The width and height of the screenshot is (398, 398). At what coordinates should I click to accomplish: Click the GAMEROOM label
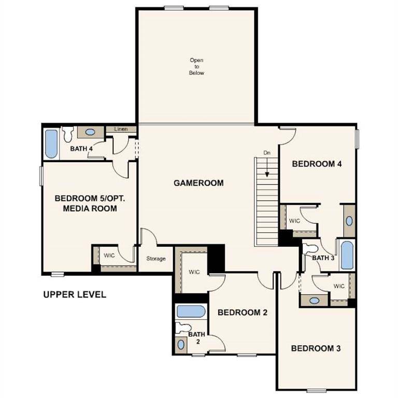pyautogui.click(x=198, y=183)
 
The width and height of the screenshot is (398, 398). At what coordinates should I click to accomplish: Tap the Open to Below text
pyautogui.click(x=196, y=67)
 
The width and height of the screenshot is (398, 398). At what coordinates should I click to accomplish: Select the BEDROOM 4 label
pyautogui.click(x=317, y=164)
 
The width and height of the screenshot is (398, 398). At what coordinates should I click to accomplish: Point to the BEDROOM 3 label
pyautogui.click(x=316, y=348)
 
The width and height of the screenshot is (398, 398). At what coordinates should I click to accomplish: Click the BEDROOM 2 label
pyautogui.click(x=242, y=312)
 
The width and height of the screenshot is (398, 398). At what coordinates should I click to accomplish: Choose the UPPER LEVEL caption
pyautogui.click(x=75, y=295)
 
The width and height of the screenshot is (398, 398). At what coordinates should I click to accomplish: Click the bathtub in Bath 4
pyautogui.click(x=51, y=144)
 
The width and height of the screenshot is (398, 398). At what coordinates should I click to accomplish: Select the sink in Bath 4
pyautogui.click(x=90, y=132)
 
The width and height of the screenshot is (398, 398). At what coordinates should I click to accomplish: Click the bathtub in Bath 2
pyautogui.click(x=190, y=311)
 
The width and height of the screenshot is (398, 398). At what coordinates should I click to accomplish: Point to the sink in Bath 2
pyautogui.click(x=181, y=345)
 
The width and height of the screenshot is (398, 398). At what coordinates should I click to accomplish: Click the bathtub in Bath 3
pyautogui.click(x=347, y=255)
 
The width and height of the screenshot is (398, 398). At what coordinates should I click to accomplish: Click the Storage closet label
pyautogui.click(x=155, y=259)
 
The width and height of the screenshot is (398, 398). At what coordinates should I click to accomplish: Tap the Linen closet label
pyautogui.click(x=121, y=129)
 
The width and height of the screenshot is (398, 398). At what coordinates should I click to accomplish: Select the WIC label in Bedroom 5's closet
pyautogui.click(x=109, y=255)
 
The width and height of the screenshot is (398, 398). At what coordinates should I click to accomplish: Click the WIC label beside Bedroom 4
pyautogui.click(x=294, y=221)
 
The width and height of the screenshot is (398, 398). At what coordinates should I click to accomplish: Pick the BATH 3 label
pyautogui.click(x=322, y=258)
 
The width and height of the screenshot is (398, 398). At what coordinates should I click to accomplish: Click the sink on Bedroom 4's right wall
pyautogui.click(x=349, y=221)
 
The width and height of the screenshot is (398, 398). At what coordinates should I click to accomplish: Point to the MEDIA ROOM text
pyautogui.click(x=90, y=208)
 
